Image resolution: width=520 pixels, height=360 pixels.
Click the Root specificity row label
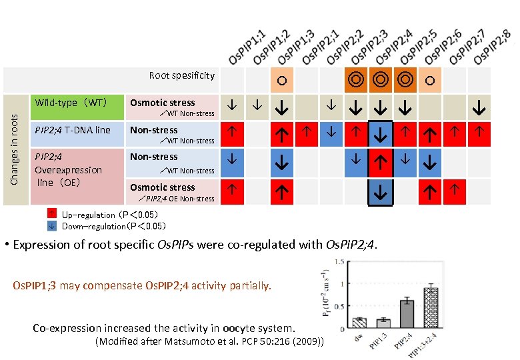click(x=181, y=75)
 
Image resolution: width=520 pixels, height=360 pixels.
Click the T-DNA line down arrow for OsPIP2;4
click(x=380, y=135)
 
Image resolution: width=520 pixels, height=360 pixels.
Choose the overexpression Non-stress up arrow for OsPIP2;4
click(x=380, y=162)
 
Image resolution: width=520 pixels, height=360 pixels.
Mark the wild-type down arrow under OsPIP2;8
click(x=479, y=107)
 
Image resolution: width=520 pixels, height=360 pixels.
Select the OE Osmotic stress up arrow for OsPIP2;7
click(x=454, y=189)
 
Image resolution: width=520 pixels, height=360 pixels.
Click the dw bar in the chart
click(x=359, y=322)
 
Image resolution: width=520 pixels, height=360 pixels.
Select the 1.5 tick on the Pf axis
click(x=338, y=261)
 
